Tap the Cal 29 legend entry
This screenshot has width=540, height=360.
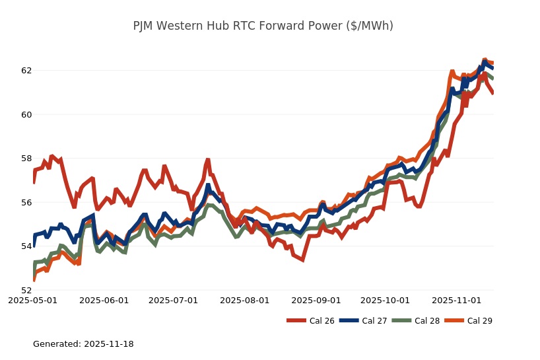(467, 321)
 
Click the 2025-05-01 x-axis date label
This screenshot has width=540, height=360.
(32, 300)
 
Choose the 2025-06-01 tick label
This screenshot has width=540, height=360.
(104, 300)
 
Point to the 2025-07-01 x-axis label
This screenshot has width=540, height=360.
(173, 300)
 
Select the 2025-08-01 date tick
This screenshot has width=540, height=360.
(244, 300)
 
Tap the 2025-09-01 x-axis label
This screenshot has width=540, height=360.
(316, 300)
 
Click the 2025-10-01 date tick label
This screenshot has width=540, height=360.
(385, 300)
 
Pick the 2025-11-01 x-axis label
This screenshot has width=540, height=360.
(456, 300)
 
